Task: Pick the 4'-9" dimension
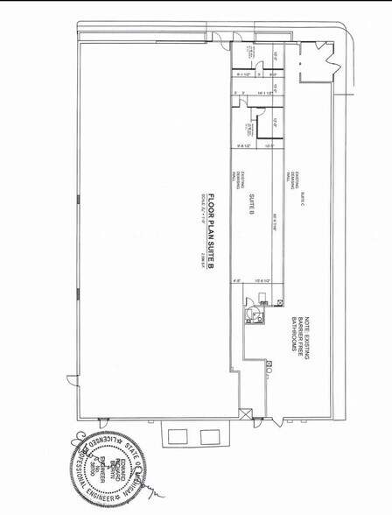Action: [x=236, y=280]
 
